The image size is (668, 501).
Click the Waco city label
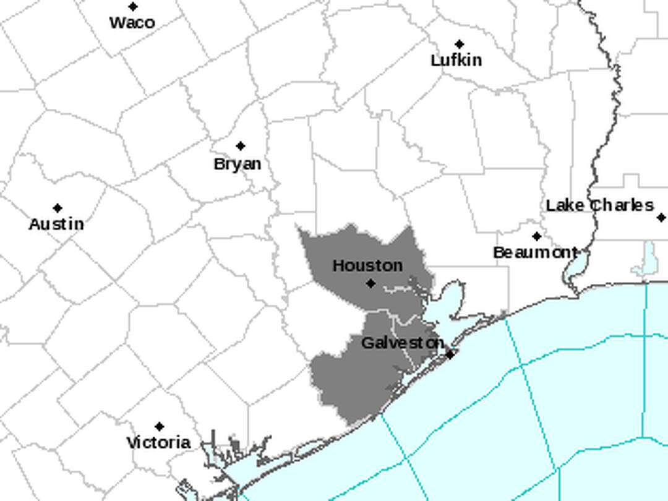132,23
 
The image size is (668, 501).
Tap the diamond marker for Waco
133,7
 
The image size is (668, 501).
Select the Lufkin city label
456,60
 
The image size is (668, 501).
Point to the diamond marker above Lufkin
459,45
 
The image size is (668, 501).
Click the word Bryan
238,164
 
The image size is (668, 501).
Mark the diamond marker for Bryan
241,146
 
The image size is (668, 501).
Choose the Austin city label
56,224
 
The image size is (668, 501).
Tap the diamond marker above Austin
58,208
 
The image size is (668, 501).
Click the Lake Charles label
599,205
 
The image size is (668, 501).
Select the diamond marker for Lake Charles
661,218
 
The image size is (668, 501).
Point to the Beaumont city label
535,252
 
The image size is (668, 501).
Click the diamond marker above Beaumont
536,236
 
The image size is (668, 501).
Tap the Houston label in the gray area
367,265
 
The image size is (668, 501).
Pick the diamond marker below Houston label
370,283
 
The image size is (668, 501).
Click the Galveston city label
402,343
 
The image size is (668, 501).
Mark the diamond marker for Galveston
450,354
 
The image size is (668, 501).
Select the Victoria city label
158,443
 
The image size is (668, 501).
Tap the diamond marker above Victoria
160,427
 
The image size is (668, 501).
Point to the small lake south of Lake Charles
649,257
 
